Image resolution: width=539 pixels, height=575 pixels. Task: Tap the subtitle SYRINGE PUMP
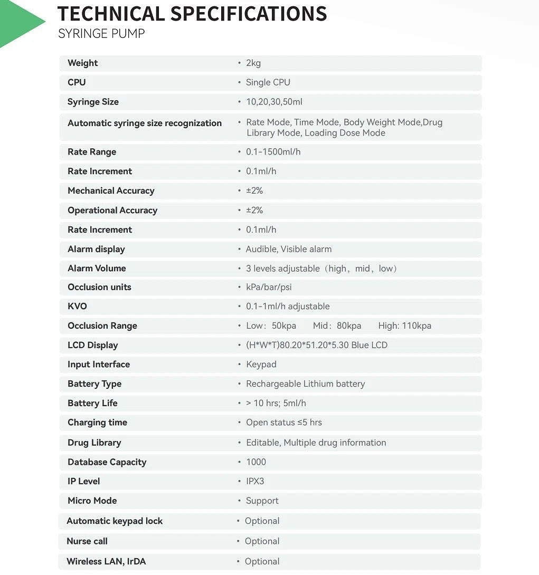[101, 34]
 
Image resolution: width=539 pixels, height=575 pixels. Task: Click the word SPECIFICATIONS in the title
[249, 14]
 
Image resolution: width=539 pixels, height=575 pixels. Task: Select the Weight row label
[82, 63]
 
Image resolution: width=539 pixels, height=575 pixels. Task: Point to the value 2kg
[253, 63]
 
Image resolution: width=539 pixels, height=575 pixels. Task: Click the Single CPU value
[268, 82]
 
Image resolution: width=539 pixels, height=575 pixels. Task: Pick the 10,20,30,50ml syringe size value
[274, 102]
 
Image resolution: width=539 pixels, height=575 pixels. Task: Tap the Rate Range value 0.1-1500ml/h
[273, 152]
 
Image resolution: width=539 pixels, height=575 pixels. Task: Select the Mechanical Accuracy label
[111, 190]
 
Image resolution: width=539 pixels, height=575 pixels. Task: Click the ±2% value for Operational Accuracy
[254, 210]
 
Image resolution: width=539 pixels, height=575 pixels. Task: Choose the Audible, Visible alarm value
[288, 249]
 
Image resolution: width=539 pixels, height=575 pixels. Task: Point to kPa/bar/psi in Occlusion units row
[268, 287]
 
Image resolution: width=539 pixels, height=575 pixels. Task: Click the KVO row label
[77, 306]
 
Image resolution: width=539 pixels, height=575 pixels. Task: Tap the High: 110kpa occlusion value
[404, 325]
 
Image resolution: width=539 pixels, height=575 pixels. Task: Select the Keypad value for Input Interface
[261, 364]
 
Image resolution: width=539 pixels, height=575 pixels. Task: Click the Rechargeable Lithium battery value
[305, 384]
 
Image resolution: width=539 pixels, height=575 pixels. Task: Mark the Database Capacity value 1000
[256, 462]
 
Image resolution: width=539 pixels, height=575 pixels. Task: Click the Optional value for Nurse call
[262, 541]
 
